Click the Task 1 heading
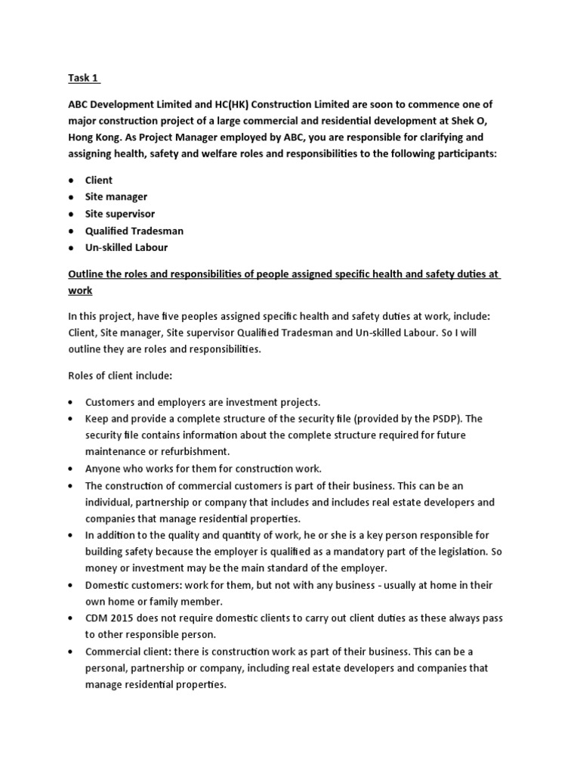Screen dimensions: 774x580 (82, 78)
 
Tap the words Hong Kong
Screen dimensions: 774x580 (94, 138)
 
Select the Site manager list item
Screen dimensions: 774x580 (116, 197)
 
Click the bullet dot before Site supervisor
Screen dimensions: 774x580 (70, 214)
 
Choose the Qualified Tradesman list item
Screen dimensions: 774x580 (134, 231)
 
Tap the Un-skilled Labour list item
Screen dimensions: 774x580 (126, 247)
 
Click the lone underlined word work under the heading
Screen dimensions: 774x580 (80, 290)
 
